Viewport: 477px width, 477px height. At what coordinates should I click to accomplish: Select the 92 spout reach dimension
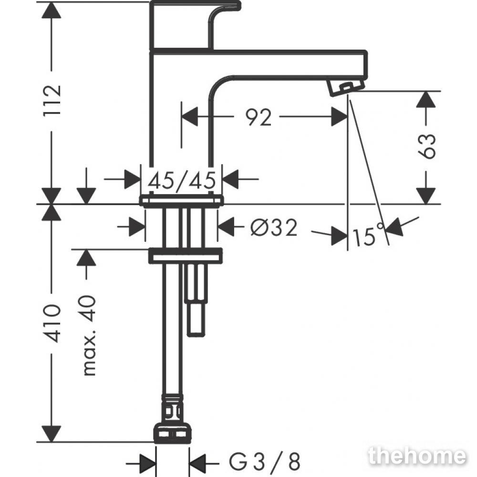pos(258,117)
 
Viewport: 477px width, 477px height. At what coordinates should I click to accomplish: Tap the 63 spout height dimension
pos(427,145)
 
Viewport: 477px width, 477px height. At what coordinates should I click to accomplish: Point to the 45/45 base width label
pos(182,180)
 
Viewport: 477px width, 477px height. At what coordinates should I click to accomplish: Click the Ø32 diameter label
pos(274,228)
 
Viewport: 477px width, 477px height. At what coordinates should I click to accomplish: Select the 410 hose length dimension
pos(52,323)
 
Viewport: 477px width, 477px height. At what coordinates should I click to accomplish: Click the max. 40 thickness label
pos(89,335)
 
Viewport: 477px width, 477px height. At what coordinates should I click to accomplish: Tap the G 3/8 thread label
pos(265,461)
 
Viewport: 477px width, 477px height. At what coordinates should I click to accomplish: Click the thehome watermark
pos(417,456)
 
